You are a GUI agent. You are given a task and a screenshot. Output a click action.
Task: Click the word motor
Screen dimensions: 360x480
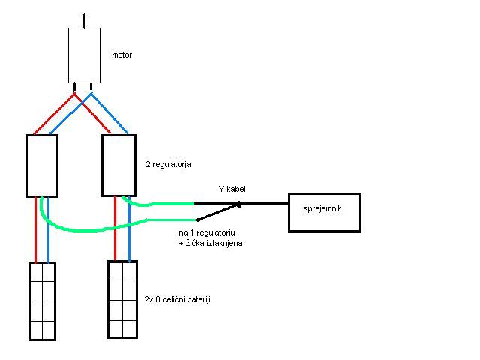point(122,55)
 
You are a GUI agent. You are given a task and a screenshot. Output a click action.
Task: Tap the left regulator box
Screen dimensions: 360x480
point(42,165)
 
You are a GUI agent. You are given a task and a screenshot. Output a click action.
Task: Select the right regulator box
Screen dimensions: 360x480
point(118,165)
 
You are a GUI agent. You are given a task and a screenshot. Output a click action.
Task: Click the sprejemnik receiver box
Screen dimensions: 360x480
point(325,211)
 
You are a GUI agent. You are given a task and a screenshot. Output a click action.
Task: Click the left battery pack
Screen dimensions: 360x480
point(43,300)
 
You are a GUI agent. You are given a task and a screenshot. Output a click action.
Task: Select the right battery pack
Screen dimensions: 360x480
point(122,300)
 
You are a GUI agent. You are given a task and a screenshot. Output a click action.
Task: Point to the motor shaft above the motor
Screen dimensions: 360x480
point(84,20)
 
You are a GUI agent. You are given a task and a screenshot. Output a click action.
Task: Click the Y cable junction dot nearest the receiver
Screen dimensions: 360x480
point(238,204)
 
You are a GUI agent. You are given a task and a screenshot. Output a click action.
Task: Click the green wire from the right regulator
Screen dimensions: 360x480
point(161,203)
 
